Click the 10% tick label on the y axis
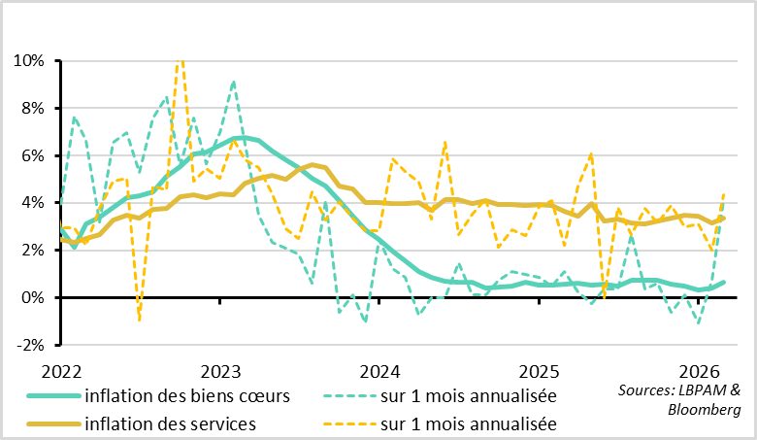(x=28, y=60)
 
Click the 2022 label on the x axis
(x=61, y=371)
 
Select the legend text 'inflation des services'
(x=170, y=423)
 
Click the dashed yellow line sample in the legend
(x=348, y=424)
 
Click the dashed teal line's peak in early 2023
(x=234, y=82)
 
